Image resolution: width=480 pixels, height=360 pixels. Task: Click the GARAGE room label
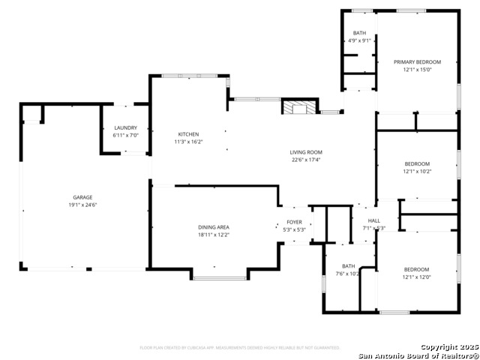(x=82, y=197)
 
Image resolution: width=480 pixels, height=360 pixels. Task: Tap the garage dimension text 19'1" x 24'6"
(x=82, y=205)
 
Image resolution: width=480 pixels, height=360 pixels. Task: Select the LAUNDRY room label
(x=125, y=128)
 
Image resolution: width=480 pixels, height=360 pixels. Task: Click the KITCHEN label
(x=188, y=134)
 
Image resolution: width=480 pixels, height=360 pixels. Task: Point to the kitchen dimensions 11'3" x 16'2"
(x=188, y=142)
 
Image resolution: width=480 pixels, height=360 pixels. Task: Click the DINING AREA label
(x=214, y=227)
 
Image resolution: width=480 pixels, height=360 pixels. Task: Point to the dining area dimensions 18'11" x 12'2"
(x=214, y=235)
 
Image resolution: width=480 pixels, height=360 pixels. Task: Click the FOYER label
(x=294, y=222)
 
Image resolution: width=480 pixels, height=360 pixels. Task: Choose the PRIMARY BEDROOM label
(x=418, y=61)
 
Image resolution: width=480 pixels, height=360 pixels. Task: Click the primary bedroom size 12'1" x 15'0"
(x=418, y=70)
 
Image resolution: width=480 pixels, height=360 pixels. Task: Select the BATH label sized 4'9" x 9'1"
(x=360, y=33)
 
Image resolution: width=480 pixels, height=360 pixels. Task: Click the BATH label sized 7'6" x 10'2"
(x=349, y=265)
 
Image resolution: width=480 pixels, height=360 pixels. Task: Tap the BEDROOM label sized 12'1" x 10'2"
(x=417, y=163)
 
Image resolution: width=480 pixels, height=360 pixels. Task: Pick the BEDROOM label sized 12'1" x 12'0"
(x=417, y=269)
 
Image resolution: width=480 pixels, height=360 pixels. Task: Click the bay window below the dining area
(x=220, y=278)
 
